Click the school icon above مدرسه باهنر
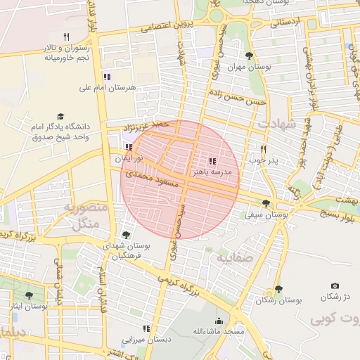(212, 161)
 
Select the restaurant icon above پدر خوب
(264, 149)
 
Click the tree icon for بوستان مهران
(250, 55)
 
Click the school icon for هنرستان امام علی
(107, 77)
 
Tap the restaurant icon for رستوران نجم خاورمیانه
(66, 37)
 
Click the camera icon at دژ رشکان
(335, 285)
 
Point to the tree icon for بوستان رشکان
(278, 289)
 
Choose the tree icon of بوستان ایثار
(29, 295)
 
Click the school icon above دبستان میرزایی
(146, 328)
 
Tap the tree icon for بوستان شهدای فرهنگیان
(126, 235)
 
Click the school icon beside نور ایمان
(129, 147)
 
